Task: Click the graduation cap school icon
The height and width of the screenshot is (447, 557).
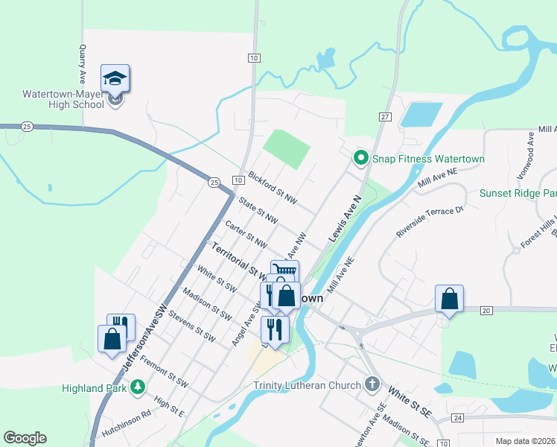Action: click(x=115, y=77)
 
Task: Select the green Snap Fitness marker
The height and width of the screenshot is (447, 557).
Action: click(x=361, y=158)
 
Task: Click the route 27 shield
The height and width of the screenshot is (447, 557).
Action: click(x=385, y=117)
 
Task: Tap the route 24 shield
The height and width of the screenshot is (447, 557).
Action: click(x=457, y=418)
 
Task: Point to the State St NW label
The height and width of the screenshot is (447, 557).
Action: click(x=258, y=210)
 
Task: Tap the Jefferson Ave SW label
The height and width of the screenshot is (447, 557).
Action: click(x=144, y=340)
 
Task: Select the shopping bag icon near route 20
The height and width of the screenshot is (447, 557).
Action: click(x=450, y=299)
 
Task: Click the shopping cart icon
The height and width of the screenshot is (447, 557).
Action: click(x=284, y=270)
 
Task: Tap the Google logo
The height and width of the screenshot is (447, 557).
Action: click(x=25, y=438)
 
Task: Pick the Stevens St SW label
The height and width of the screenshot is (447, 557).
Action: click(x=192, y=326)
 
